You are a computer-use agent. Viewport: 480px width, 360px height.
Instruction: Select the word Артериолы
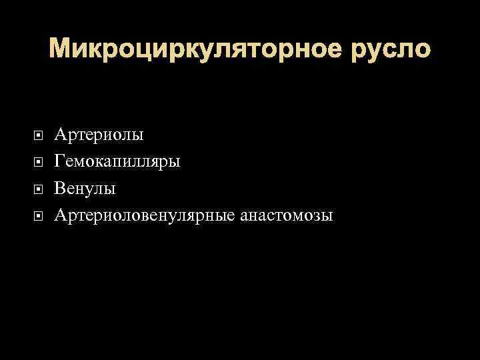point(99,135)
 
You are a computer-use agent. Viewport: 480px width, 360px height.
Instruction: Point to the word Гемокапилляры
point(117,162)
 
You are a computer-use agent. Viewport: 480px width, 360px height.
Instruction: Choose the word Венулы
point(85,189)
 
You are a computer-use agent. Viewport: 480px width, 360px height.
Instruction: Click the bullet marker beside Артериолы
point(39,136)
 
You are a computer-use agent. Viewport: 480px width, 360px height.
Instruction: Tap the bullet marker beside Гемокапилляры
point(39,163)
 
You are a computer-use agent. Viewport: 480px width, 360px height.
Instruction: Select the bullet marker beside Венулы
point(39,189)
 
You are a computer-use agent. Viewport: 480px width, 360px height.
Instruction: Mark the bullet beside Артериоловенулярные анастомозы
point(39,216)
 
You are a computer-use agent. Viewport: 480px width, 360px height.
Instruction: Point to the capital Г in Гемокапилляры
point(60,162)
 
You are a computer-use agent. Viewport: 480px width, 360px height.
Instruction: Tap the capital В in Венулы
point(60,189)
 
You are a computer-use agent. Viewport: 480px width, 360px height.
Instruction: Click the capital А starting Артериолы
point(61,135)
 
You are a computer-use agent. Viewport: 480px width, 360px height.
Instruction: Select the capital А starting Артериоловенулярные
point(61,215)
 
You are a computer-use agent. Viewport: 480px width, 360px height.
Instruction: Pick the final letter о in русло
point(423,51)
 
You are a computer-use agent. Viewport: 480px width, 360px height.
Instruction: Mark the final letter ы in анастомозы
point(327,217)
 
